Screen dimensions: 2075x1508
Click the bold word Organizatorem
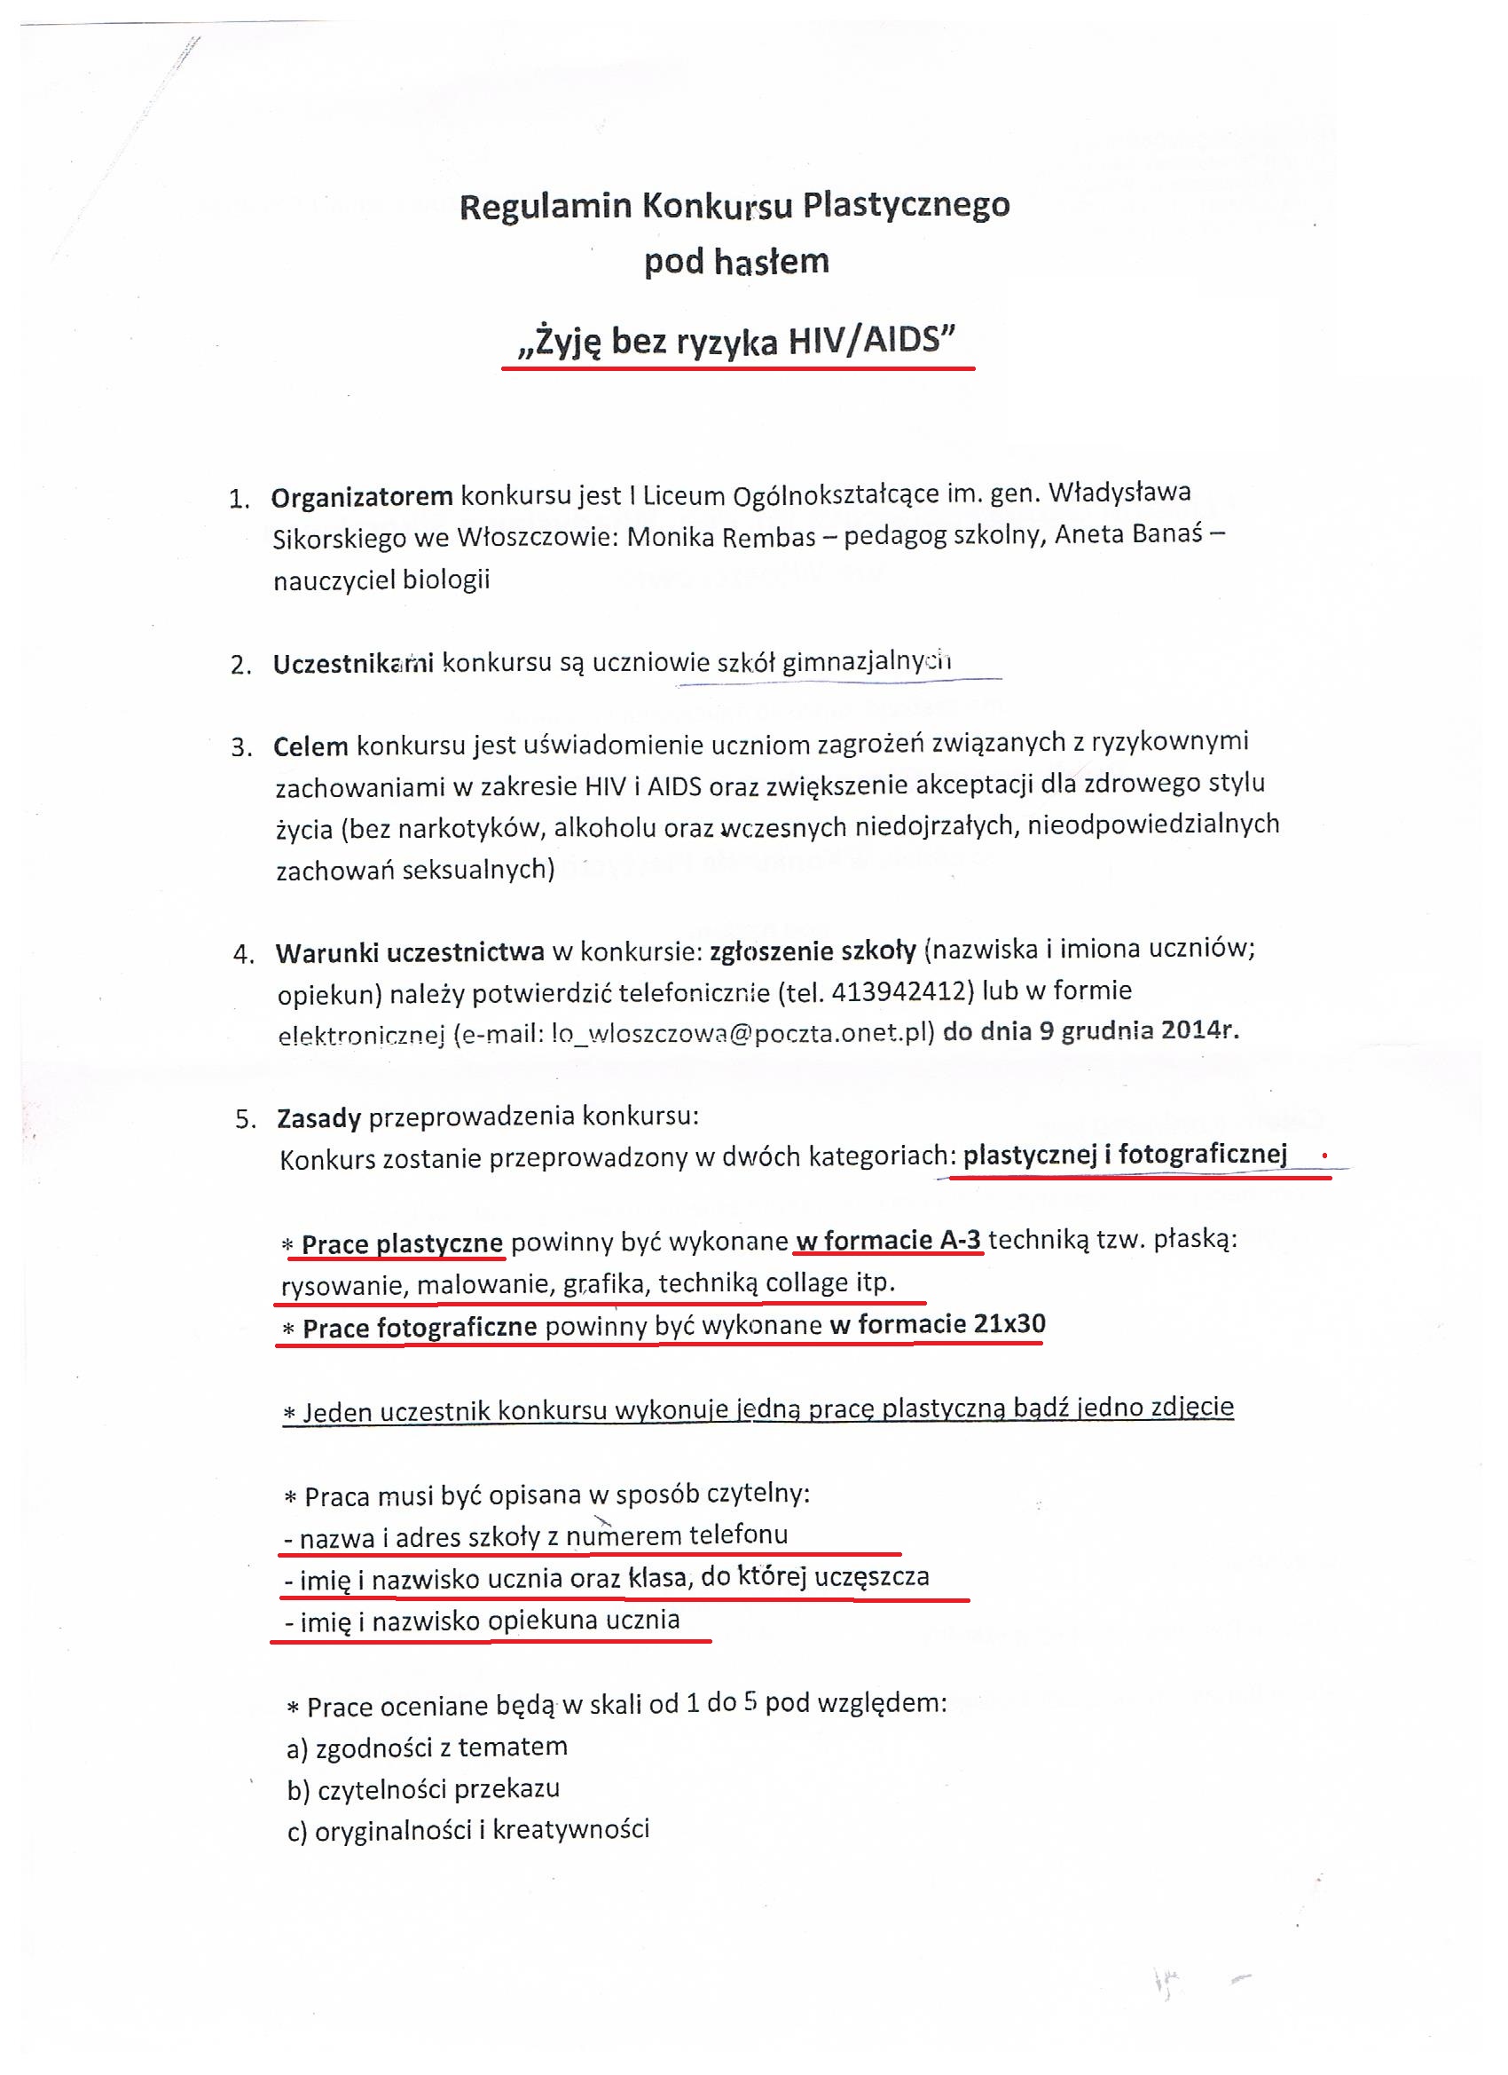point(362,497)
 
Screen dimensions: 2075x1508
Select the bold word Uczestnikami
point(353,663)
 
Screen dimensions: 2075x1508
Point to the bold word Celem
point(311,746)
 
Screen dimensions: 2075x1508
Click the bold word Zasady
point(319,1118)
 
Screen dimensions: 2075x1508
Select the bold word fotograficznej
point(1202,1155)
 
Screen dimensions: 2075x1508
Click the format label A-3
point(960,1241)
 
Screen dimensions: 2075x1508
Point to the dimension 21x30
point(1009,1324)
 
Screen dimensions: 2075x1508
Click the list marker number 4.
point(243,954)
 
